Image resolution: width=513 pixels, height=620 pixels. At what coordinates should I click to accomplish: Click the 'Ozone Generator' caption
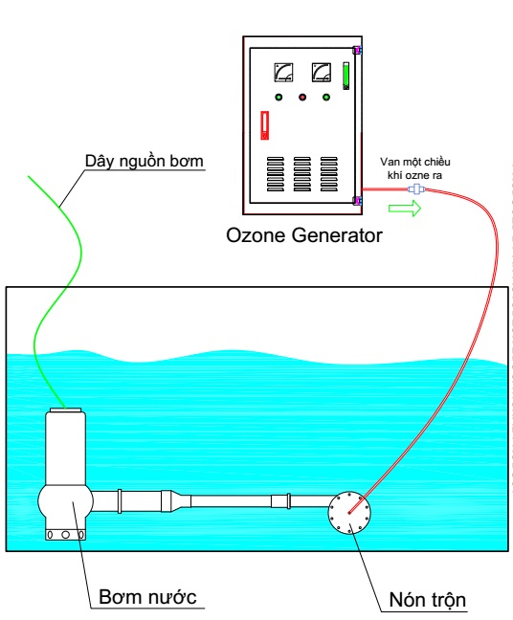tap(303, 235)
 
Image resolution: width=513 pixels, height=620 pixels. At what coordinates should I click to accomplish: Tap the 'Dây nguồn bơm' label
tap(144, 161)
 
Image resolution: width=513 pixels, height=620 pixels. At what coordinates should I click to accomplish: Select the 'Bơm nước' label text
tap(147, 597)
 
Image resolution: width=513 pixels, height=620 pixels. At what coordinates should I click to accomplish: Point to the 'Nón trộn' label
tap(427, 600)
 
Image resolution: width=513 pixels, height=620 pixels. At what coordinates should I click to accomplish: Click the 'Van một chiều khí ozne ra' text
tap(415, 168)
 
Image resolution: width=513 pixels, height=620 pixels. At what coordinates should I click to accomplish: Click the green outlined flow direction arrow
tap(405, 208)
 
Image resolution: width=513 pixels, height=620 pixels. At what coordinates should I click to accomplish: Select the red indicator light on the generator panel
tap(302, 97)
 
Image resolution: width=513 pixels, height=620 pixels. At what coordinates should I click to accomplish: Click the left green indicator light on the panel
tap(279, 97)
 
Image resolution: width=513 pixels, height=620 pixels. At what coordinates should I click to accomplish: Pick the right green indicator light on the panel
tap(326, 97)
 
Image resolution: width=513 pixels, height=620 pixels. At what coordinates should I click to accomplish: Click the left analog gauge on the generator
tap(283, 73)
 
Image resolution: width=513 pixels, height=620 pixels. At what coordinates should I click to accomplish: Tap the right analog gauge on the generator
tap(322, 73)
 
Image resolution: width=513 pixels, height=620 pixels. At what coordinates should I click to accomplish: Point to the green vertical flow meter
tap(346, 76)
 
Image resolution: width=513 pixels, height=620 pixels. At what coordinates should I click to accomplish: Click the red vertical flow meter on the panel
tap(264, 125)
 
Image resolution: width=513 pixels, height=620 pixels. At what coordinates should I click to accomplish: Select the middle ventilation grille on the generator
tap(302, 174)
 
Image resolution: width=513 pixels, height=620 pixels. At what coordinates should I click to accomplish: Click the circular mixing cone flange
tap(349, 513)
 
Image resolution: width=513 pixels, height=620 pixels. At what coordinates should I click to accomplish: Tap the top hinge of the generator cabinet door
tap(358, 50)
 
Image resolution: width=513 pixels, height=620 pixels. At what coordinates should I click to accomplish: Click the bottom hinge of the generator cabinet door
tap(358, 201)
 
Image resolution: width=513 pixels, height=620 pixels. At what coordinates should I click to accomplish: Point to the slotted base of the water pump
tap(65, 535)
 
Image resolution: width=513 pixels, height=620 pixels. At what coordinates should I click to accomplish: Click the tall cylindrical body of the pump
tap(65, 448)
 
